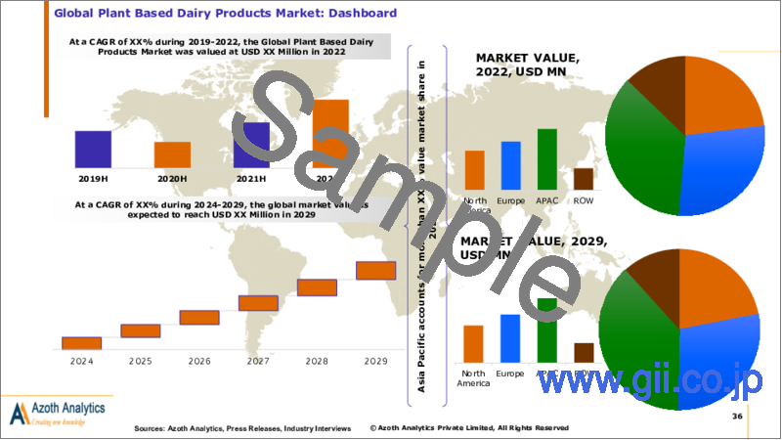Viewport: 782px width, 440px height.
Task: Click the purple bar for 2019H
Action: pos(93,149)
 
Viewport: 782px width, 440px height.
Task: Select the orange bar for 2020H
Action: pos(173,154)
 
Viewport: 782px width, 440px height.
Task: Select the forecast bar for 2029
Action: pos(375,270)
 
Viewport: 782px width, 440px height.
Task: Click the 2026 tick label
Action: pos(199,360)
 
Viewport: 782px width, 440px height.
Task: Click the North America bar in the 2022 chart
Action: pos(474,169)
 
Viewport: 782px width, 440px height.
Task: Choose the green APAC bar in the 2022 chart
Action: pos(547,158)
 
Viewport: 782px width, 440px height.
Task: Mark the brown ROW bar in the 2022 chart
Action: pos(584,178)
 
